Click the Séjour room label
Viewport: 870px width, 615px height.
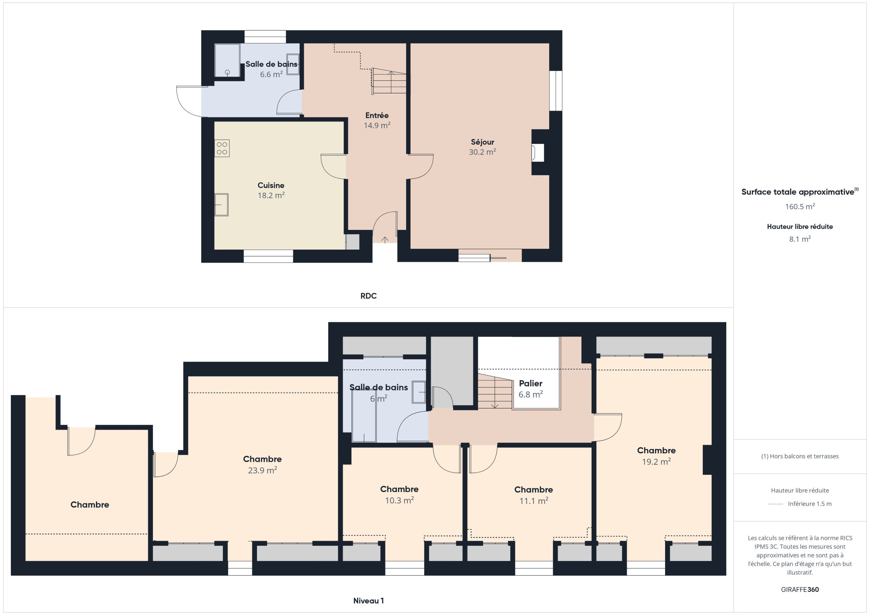(482, 142)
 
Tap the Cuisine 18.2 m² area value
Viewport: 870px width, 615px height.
(271, 195)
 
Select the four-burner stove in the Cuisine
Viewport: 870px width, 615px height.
(222, 148)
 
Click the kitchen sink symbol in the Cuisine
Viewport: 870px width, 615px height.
(221, 204)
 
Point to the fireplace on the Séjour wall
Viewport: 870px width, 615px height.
(538, 152)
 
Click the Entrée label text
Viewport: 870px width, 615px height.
(377, 115)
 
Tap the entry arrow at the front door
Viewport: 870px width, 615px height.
(385, 240)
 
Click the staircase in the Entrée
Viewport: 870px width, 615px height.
(389, 81)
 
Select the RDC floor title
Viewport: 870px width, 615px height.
(368, 296)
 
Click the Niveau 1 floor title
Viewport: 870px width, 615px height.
(368, 601)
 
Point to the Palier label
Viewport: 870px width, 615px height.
(530, 383)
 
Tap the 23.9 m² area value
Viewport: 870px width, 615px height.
(262, 470)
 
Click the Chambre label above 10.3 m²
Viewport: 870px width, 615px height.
(399, 489)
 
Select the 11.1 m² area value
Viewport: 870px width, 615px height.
(534, 501)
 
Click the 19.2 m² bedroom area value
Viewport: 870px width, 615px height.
(656, 462)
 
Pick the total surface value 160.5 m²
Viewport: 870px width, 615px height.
(800, 206)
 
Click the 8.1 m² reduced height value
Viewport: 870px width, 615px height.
(800, 239)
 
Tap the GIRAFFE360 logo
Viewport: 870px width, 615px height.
(800, 590)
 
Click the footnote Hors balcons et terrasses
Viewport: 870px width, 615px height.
(800, 456)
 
